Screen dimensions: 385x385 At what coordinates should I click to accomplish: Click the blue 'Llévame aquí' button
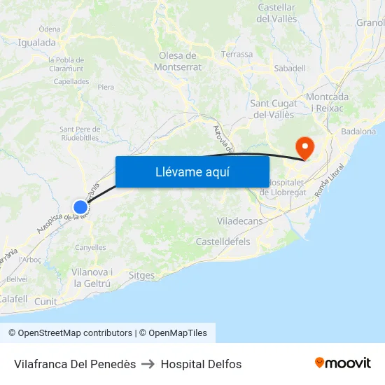192,171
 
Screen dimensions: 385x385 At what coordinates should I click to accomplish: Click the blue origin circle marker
80,206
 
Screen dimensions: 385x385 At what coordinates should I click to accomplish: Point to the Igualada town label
36,43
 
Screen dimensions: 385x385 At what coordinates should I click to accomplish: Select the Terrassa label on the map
237,54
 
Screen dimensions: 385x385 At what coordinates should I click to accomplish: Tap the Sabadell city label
290,68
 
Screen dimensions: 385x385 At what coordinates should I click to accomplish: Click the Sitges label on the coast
141,275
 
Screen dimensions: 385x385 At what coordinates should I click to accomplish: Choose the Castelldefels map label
223,241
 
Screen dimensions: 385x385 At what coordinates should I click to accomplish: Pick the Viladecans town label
240,220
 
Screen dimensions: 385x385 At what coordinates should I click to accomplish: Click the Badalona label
358,131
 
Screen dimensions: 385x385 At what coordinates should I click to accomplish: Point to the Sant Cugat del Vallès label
272,109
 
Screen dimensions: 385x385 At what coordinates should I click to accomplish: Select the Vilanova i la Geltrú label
92,277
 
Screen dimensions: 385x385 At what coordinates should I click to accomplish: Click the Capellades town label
71,81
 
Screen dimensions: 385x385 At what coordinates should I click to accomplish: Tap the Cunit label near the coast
45,301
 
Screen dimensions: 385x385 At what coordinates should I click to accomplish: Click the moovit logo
342,363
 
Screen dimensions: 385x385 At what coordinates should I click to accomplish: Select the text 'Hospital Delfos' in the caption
201,364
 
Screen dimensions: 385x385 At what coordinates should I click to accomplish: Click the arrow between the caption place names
148,364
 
